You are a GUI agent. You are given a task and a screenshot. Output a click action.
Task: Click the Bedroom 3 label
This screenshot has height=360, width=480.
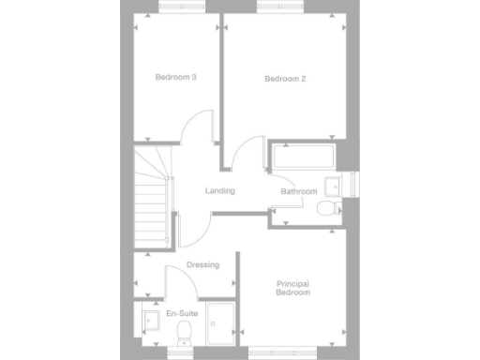(174, 77)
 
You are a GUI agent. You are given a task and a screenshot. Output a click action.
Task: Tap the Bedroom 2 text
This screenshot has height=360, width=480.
(285, 79)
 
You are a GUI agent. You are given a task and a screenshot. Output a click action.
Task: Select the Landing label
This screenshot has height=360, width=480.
(220, 191)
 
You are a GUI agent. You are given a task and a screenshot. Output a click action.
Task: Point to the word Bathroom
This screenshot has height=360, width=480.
(299, 192)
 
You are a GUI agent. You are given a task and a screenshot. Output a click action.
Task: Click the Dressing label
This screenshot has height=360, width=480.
(202, 265)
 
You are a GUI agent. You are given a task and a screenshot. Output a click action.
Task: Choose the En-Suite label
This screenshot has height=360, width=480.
(181, 314)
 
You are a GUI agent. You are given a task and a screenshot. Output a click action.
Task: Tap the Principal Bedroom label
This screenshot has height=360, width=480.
(292, 289)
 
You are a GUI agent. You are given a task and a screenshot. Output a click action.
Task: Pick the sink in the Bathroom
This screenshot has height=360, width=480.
(333, 184)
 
